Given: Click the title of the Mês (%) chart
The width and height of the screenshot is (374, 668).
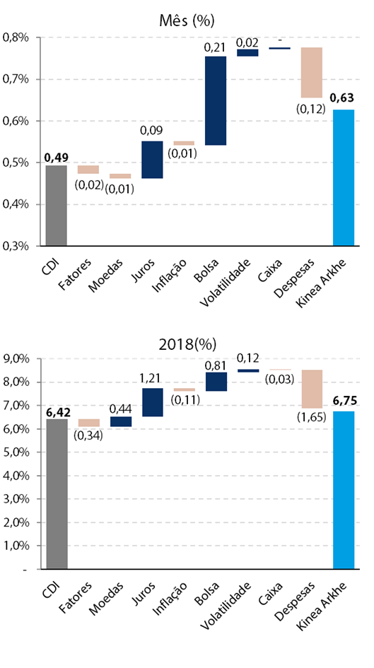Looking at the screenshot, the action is [x=187, y=20].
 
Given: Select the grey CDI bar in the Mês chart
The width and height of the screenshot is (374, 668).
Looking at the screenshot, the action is [x=57, y=205].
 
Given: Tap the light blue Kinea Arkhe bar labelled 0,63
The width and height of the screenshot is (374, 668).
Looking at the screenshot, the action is [x=344, y=177].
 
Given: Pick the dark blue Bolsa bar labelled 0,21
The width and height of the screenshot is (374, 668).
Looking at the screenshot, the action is [x=216, y=100].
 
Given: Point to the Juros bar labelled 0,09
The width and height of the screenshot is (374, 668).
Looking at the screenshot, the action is [x=152, y=159].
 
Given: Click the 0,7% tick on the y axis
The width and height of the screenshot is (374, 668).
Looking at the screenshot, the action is [x=16, y=79].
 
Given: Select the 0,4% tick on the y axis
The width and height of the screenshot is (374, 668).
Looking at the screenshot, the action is [x=16, y=204].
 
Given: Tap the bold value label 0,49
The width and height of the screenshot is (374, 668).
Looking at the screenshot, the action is [x=57, y=158].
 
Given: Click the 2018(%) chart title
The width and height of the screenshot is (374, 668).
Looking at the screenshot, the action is [x=187, y=344].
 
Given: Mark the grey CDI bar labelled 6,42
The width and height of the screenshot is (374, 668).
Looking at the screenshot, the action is [x=57, y=494].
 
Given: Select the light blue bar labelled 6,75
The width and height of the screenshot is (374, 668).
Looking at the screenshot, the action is [x=344, y=490].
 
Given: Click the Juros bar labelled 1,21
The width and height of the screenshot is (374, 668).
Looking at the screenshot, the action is [x=153, y=402].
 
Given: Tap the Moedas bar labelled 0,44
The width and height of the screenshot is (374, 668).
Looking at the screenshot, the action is [x=121, y=421].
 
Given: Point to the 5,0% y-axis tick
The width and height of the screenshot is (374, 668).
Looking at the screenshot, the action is [x=16, y=452].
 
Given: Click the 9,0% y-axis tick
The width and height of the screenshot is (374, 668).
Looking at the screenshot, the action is [x=16, y=358].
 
